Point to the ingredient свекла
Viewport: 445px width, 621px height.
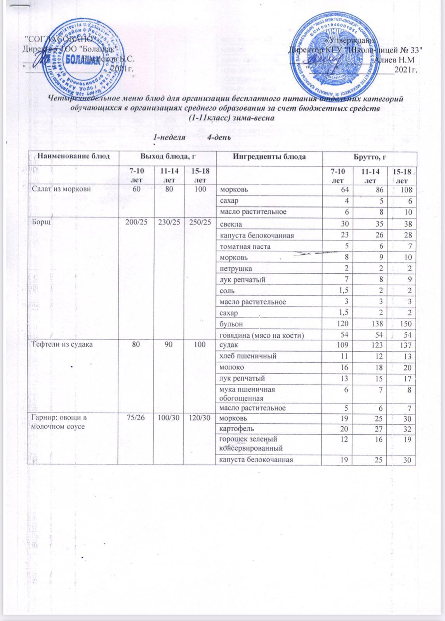click(x=231, y=224)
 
